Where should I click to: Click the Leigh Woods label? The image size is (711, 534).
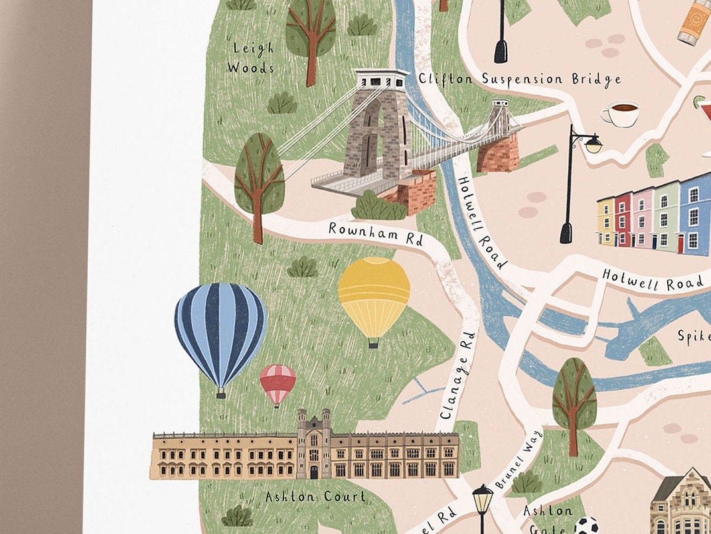250,58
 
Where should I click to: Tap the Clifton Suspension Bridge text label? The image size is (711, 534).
519,79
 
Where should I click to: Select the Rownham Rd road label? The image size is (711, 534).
376,234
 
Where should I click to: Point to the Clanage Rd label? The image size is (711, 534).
458,375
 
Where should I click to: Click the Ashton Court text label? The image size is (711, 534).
315,496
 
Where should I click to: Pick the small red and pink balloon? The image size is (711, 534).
277,383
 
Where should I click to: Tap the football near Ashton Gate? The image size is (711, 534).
585,525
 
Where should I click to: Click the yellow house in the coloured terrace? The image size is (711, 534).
606,222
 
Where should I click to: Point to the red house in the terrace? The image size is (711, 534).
623,219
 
